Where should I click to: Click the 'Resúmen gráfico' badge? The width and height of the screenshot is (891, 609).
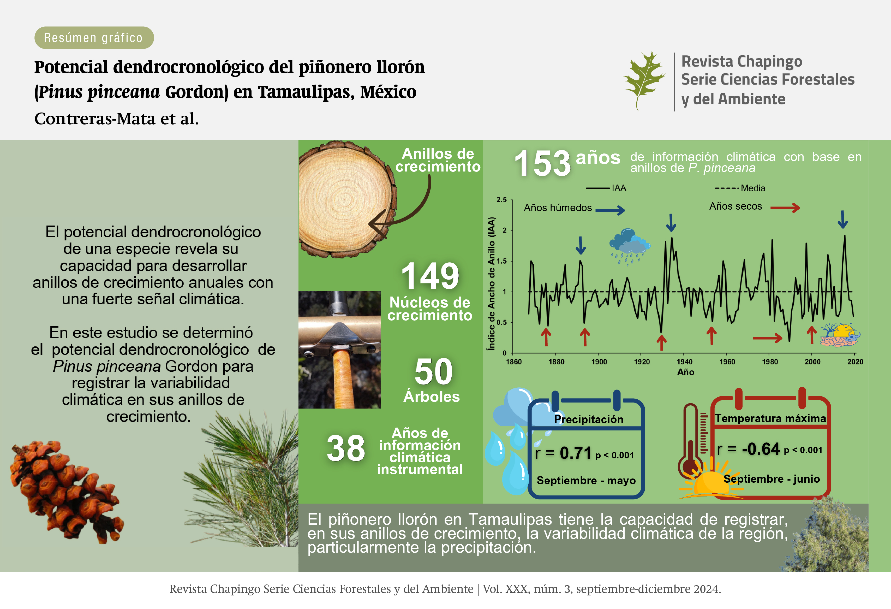[x=94, y=38]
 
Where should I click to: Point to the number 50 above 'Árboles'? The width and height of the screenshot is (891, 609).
[x=434, y=371]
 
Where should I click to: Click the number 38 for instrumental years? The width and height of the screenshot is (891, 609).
[x=346, y=448]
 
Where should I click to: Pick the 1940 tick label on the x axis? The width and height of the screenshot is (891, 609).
[x=684, y=362]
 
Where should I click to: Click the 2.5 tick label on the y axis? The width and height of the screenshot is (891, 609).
[x=501, y=199]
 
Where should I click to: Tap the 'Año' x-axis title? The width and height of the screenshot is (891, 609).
[x=685, y=372]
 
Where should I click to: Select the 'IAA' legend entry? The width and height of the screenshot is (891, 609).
[x=606, y=188]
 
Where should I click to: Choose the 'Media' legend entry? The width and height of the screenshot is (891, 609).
[x=740, y=188]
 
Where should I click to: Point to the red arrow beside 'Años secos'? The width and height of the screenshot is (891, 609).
[x=785, y=208]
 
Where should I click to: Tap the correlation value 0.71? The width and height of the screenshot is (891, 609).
[x=576, y=453]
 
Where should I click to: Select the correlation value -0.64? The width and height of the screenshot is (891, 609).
[x=761, y=449]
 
